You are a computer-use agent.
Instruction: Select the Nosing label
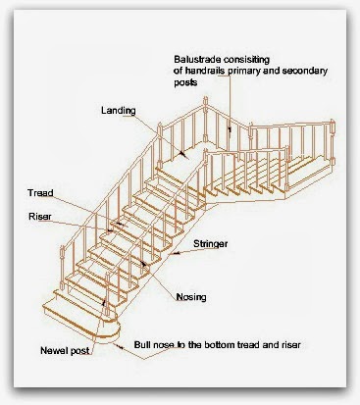point(192,298)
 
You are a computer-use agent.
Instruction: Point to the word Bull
point(142,345)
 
